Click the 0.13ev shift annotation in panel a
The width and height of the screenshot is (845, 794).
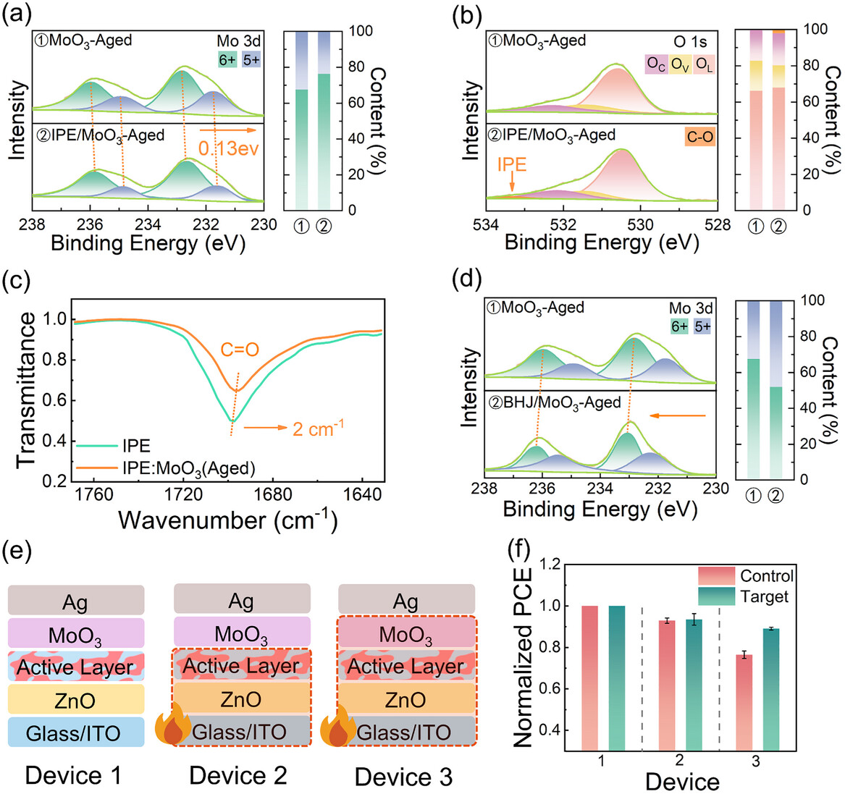pyautogui.click(x=228, y=149)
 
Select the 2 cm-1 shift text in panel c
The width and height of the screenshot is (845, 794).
pyautogui.click(x=317, y=428)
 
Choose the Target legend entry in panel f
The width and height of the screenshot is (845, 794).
pyautogui.click(x=762, y=597)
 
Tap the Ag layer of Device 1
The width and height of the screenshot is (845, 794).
pyautogui.click(x=76, y=601)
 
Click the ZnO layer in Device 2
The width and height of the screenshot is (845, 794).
pyautogui.click(x=241, y=700)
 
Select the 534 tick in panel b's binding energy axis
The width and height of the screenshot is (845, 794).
pyautogui.click(x=487, y=224)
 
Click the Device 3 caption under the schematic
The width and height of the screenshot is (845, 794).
pyautogui.click(x=403, y=777)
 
